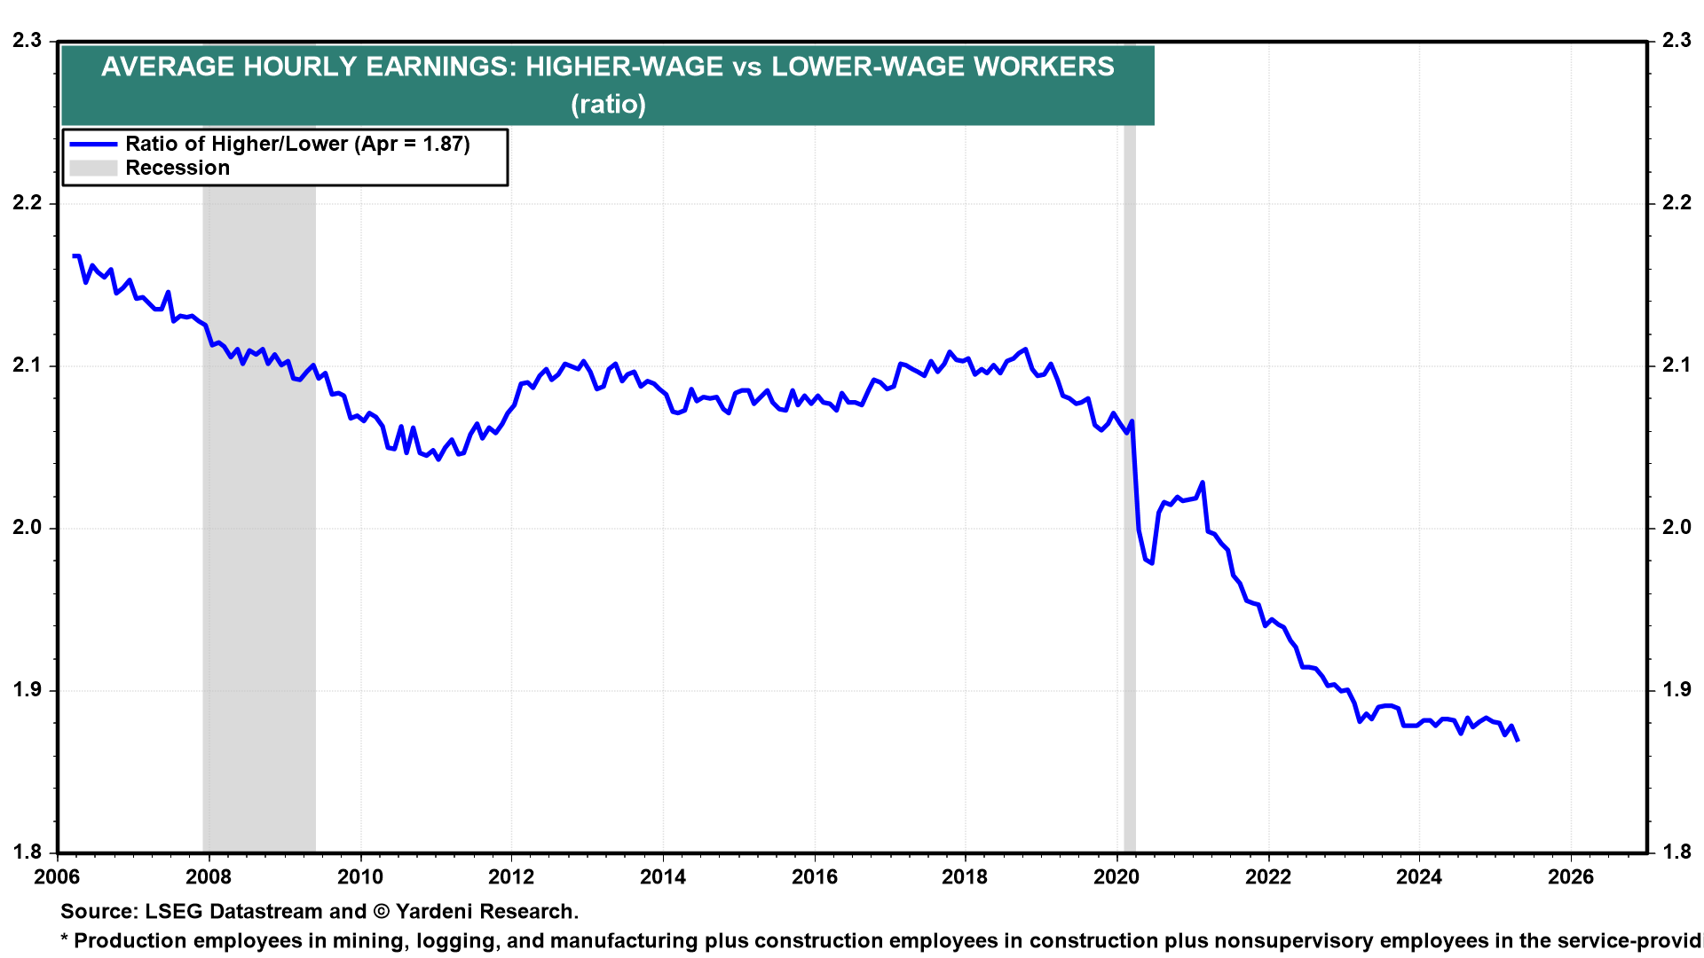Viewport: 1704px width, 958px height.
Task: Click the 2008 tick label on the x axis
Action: (x=209, y=877)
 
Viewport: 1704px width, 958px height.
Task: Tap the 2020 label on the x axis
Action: (x=1116, y=877)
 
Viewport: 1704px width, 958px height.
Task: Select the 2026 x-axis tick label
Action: (x=1571, y=877)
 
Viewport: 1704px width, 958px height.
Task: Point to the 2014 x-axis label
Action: (x=663, y=877)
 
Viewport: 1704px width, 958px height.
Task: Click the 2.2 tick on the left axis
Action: (x=28, y=202)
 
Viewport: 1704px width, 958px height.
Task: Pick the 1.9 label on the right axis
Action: (x=1676, y=689)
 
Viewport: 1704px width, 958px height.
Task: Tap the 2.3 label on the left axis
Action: (x=28, y=40)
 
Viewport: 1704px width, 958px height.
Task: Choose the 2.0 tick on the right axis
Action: (x=1676, y=527)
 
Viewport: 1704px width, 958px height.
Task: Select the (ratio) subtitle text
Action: (x=608, y=105)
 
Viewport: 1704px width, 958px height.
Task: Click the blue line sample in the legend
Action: (x=93, y=144)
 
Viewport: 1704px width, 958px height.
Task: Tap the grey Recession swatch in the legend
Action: (x=93, y=168)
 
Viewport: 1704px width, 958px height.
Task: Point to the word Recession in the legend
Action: (x=177, y=168)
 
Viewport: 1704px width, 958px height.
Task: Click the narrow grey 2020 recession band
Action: (x=1130, y=488)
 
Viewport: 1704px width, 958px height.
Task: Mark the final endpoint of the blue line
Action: (x=1518, y=740)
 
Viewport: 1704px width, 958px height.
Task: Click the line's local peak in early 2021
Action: (x=1202, y=483)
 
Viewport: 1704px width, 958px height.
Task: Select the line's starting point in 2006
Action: (x=75, y=255)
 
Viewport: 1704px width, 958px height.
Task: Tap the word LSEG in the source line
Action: (x=172, y=911)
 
